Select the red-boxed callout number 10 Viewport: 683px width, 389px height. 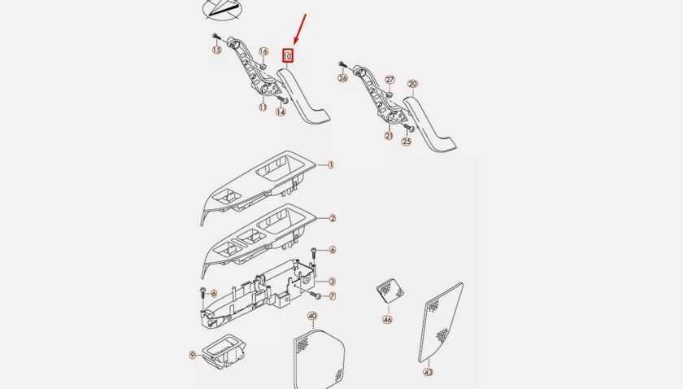tap(287, 56)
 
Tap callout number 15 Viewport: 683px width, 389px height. tap(216, 50)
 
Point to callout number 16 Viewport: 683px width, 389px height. tap(263, 52)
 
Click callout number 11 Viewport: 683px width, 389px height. tap(263, 107)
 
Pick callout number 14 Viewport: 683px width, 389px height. tap(281, 112)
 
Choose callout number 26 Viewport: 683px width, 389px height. tap(342, 78)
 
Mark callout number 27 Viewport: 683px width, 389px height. tap(389, 80)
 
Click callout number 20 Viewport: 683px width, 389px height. tap(412, 84)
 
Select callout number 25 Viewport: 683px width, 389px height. tap(407, 141)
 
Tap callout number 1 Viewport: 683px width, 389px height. tap(331, 164)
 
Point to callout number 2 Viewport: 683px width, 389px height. tap(332, 218)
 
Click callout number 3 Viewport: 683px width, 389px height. tap(332, 281)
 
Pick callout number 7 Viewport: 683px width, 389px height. tap(332, 295)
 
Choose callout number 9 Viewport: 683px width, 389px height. tap(193, 355)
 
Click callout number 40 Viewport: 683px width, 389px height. tap(312, 316)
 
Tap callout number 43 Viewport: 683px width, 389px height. tap(428, 372)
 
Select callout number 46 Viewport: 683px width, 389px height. tap(387, 320)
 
